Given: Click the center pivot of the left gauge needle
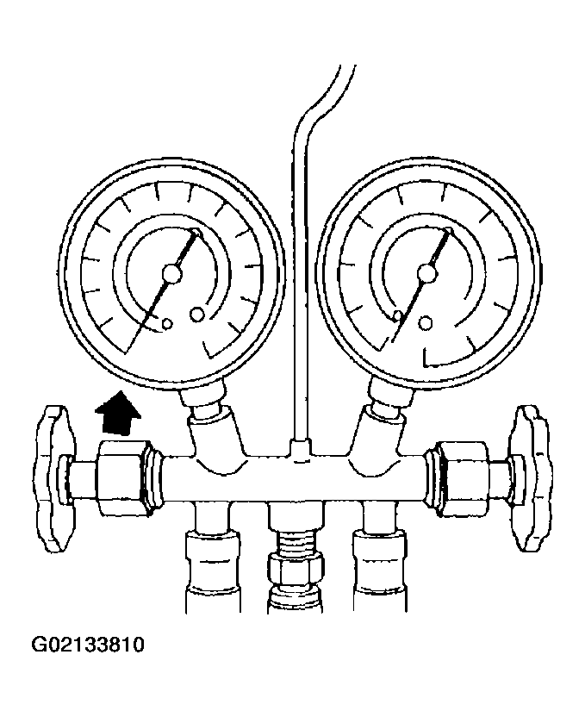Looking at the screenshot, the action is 171,274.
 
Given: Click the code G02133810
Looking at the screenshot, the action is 88,645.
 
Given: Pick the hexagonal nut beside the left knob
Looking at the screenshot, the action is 123,477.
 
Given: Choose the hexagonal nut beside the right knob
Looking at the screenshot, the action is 463,477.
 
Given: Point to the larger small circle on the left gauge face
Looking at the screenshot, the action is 197,314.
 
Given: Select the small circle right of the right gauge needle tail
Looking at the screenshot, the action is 426,323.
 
